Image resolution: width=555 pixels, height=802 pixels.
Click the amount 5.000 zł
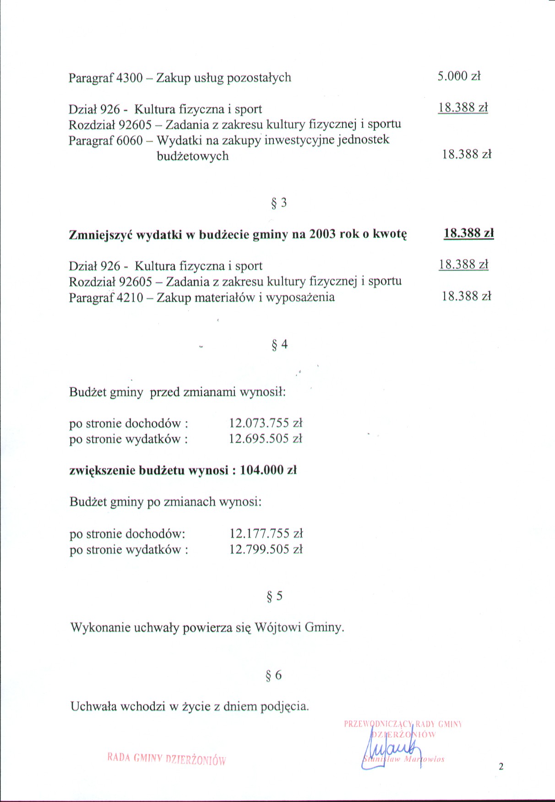coord(459,76)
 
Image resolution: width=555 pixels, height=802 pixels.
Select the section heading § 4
coord(279,344)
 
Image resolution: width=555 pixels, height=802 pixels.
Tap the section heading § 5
coord(275,596)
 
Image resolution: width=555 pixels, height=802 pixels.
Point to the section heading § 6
coord(274,675)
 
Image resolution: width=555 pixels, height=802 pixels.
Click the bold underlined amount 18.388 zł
coord(468,233)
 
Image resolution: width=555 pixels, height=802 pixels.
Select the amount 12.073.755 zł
coord(266,423)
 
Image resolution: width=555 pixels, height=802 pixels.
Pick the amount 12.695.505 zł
coord(266,439)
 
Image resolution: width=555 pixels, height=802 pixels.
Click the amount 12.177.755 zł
coord(266,534)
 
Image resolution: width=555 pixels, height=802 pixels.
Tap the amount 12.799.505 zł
coord(266,549)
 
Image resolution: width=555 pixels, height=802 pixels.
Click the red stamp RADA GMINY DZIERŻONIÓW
coord(167,759)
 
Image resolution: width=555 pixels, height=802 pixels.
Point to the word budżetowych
coord(193,157)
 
